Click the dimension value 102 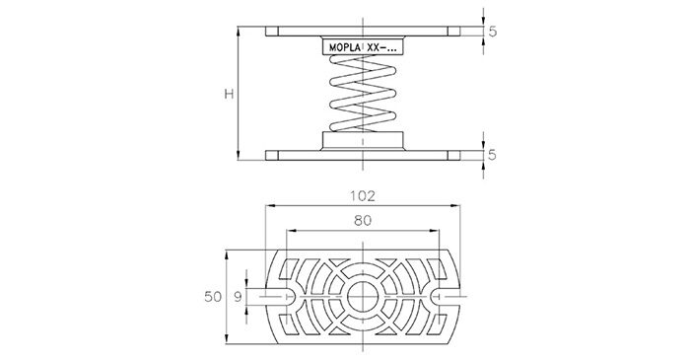point(362,196)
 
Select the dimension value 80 point(363,221)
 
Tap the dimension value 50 point(213,297)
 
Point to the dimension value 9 point(238,297)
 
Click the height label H point(229,94)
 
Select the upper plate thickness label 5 point(493,32)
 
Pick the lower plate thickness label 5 point(493,155)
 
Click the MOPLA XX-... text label point(363,48)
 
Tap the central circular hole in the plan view point(363,297)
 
